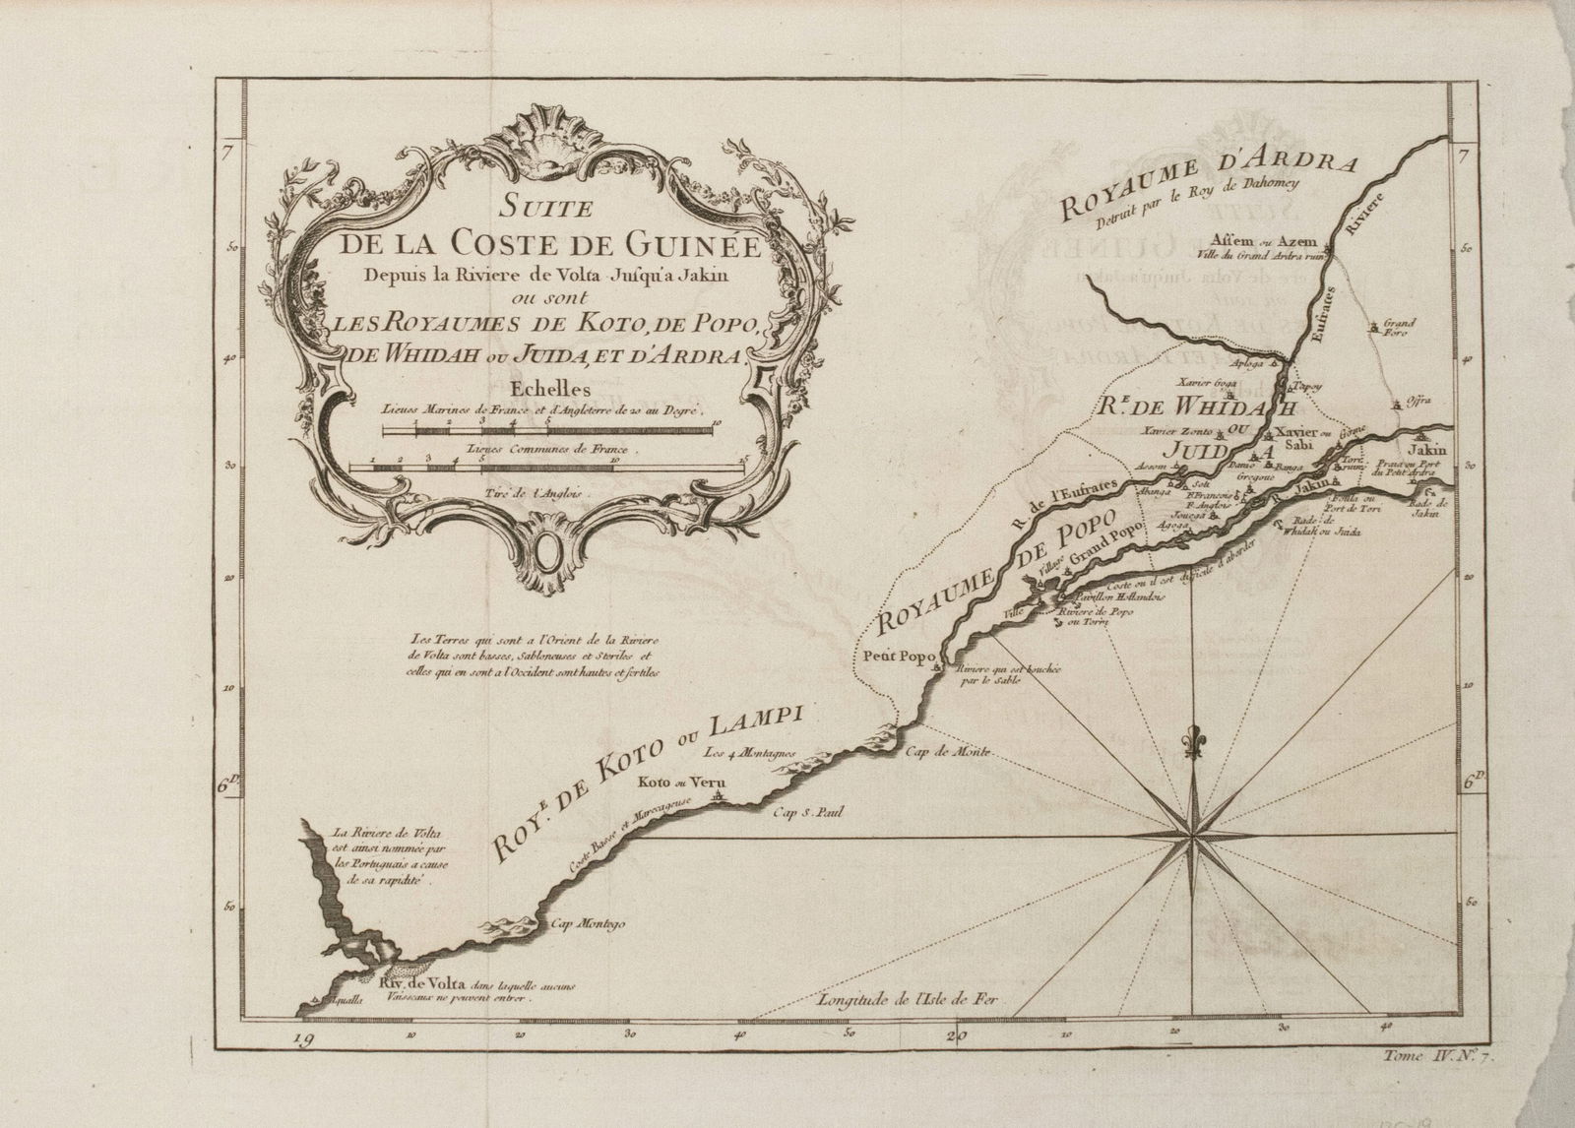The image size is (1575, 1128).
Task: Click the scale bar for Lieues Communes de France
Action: pos(547,466)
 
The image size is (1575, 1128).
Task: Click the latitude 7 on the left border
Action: pos(226,152)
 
